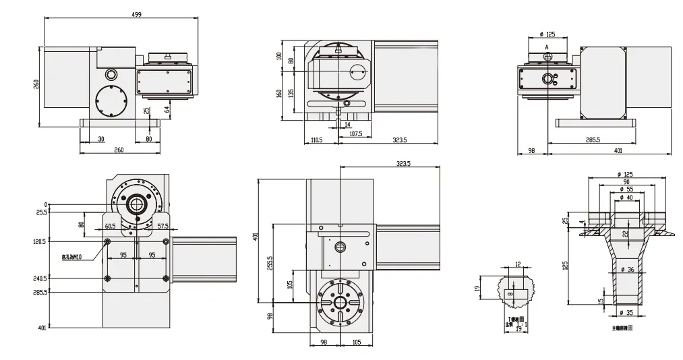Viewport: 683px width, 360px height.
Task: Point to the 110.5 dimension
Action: tap(316, 140)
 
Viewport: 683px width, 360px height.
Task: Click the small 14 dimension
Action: tap(348, 125)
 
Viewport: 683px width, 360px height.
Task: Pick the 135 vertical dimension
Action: tap(291, 94)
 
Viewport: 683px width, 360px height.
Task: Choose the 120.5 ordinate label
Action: tap(39, 241)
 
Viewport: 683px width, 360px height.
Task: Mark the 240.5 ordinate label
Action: tap(39, 278)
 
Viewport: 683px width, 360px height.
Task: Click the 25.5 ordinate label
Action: tap(40, 212)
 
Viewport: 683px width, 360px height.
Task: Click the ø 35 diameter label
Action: tap(626, 313)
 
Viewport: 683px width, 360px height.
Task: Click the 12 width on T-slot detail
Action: tap(517, 264)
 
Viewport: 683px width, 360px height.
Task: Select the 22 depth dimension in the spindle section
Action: tap(625, 233)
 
